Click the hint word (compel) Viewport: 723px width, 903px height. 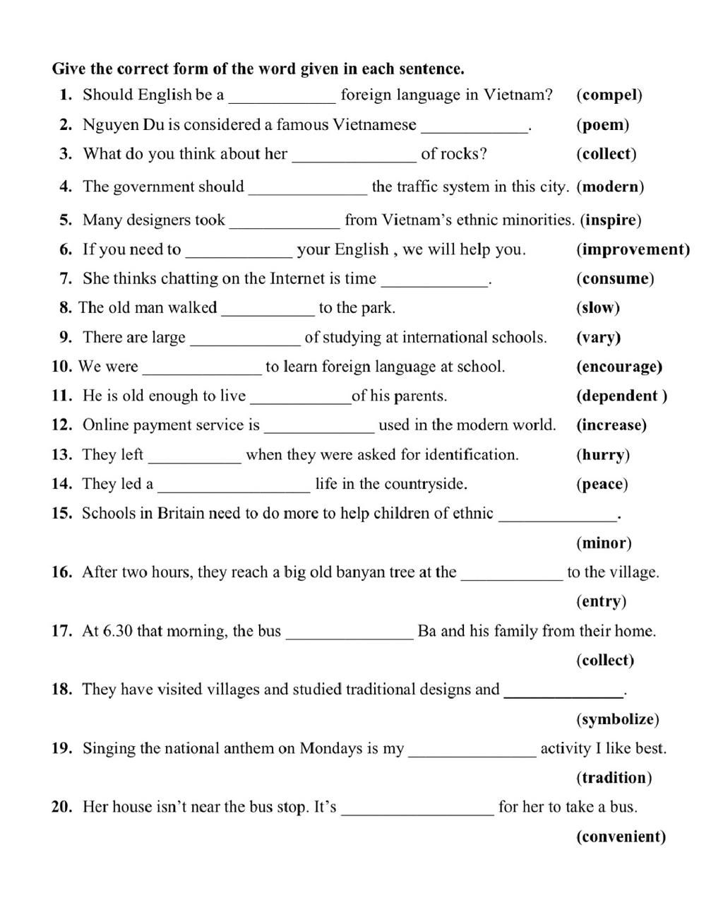609,95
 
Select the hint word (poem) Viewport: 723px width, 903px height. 602,125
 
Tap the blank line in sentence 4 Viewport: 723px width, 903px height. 308,192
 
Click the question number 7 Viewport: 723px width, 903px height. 66,278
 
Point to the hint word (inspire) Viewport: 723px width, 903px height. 611,220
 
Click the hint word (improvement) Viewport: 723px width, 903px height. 633,249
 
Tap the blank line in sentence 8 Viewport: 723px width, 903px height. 268,313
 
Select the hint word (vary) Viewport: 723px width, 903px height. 598,337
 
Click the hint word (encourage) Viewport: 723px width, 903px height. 619,367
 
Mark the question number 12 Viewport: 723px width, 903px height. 62,425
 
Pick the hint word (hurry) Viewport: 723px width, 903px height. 603,454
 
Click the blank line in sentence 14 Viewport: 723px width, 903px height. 234,490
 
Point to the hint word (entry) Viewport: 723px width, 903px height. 601,601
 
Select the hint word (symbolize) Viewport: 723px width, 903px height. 617,719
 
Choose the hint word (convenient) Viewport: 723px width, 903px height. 621,837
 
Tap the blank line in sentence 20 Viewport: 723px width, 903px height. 417,813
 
